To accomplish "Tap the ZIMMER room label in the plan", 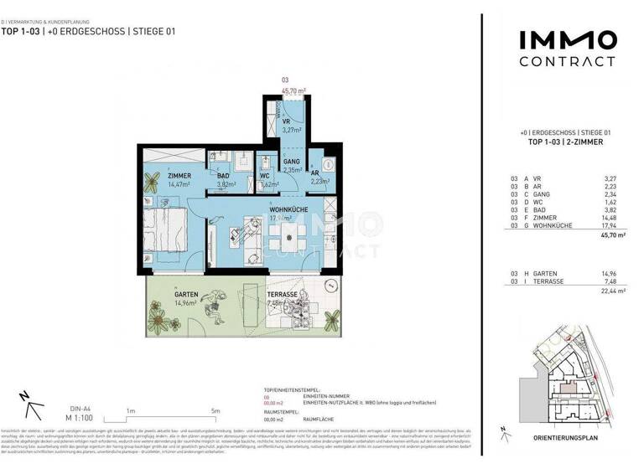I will coord(157,175).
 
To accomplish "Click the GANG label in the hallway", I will coord(291,160).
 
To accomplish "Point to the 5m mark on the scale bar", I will coord(216,410).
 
